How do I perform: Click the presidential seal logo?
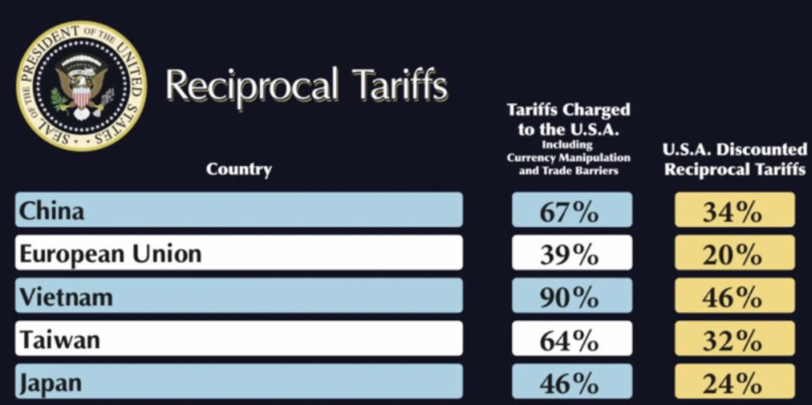click(x=81, y=86)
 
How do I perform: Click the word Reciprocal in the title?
click(x=252, y=86)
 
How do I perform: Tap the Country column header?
click(x=239, y=169)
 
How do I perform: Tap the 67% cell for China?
click(x=572, y=210)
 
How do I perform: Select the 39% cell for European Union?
click(x=572, y=252)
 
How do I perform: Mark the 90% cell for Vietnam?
click(x=572, y=295)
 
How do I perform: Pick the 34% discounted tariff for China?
click(x=735, y=210)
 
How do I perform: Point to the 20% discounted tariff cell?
click(x=735, y=252)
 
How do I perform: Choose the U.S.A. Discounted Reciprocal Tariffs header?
click(x=735, y=159)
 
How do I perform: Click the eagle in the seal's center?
click(x=81, y=86)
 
